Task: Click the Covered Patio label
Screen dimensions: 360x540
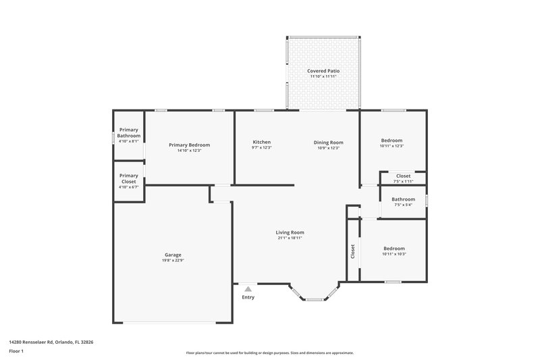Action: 323,70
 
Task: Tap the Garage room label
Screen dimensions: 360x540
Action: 173,255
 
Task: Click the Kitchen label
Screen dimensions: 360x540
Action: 262,142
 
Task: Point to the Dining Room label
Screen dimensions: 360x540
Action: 328,142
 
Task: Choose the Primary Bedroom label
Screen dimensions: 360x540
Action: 189,145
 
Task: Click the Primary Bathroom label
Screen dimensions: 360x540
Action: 129,132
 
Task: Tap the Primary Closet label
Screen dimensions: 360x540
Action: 129,178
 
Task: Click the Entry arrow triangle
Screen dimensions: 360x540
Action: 248,288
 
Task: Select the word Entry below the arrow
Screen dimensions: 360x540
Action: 248,297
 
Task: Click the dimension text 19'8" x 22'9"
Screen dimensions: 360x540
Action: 173,260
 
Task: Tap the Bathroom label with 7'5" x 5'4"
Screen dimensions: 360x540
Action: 404,199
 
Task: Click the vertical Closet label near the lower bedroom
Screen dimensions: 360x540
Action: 353,251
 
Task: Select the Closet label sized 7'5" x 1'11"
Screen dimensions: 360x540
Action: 404,176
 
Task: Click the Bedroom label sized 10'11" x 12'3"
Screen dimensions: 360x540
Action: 391,140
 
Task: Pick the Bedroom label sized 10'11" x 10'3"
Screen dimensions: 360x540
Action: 394,248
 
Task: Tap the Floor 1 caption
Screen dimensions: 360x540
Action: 17,352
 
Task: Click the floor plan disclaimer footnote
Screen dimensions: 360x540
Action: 269,353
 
